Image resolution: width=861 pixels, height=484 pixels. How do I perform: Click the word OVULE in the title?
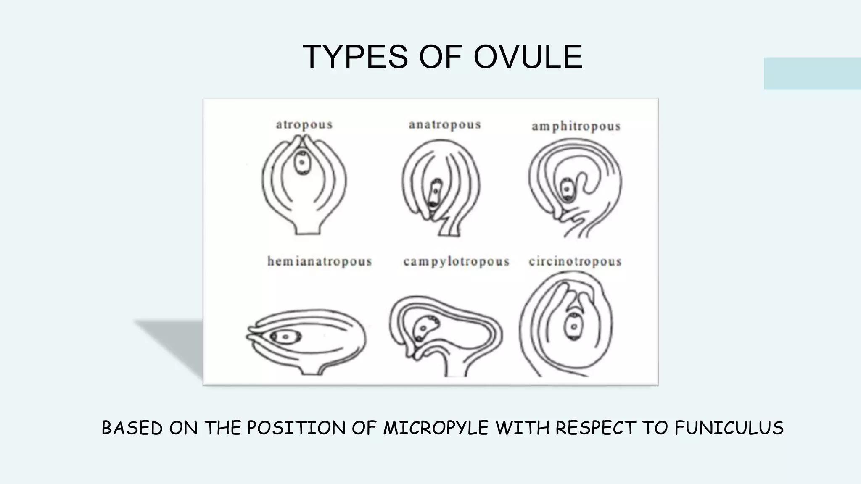(528, 57)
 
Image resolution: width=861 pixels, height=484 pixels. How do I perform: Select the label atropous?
(304, 125)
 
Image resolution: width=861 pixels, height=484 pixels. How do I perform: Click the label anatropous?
(445, 125)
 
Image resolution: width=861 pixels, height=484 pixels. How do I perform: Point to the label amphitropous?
(576, 126)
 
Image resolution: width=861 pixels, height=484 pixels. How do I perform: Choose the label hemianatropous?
(320, 262)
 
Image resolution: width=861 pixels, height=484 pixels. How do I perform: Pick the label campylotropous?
(456, 262)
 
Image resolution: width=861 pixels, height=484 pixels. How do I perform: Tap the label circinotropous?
(575, 262)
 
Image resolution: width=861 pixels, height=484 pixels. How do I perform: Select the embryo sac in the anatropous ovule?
(435, 193)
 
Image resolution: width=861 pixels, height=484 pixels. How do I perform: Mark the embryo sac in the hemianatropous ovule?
(285, 337)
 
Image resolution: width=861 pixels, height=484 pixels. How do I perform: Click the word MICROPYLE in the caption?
(436, 428)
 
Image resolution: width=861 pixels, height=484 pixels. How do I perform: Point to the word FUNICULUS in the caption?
(729, 428)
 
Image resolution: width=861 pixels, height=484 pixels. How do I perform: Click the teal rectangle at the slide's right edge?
(812, 74)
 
